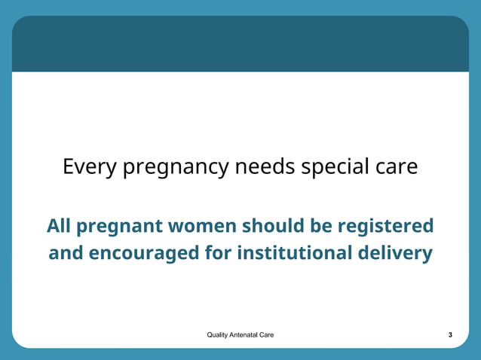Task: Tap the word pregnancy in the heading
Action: (x=174, y=167)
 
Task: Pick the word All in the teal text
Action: (x=59, y=225)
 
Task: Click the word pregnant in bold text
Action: (x=120, y=227)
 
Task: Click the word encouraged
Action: (x=144, y=254)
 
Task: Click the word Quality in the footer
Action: (x=218, y=334)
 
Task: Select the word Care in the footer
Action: (x=267, y=334)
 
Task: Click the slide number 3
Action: (x=450, y=334)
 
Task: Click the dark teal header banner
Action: (x=240, y=44)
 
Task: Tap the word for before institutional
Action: (x=219, y=253)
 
